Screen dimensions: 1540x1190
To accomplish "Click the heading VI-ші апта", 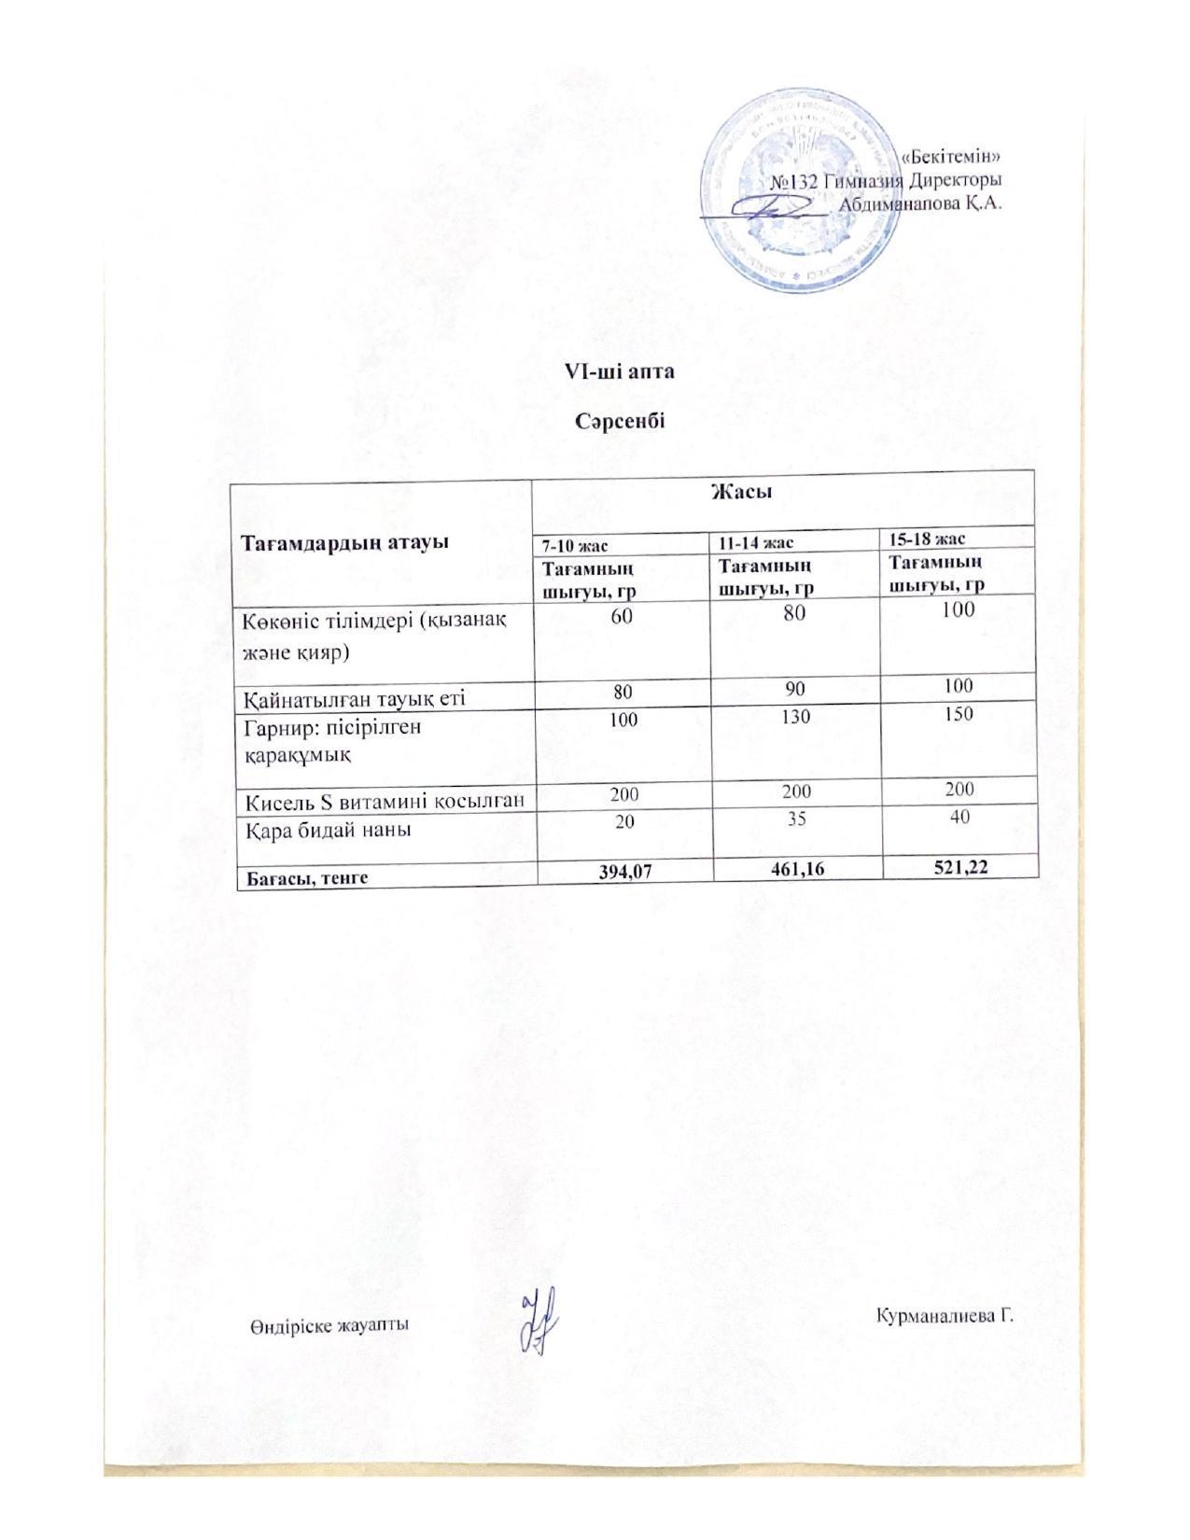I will pos(619,371).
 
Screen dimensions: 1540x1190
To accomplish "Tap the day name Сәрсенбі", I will pos(619,422).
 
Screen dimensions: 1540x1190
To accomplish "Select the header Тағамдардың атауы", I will pos(340,543).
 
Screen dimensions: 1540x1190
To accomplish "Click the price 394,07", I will pos(625,871).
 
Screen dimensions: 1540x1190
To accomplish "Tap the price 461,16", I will pos(796,869).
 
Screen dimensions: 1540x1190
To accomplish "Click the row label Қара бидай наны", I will pos(329,828).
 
